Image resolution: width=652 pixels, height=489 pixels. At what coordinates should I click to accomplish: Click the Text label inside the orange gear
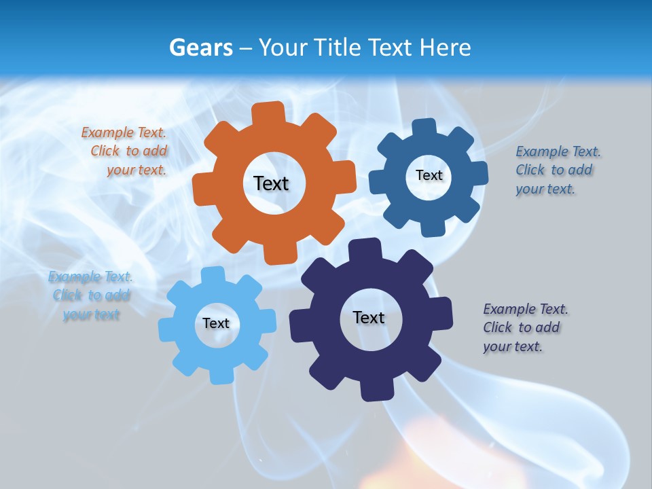[271, 183]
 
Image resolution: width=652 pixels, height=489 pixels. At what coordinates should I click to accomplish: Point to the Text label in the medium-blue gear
[429, 175]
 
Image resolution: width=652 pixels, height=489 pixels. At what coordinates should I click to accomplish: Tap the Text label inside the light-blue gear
[216, 323]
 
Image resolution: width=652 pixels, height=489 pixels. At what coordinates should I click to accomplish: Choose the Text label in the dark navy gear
[369, 317]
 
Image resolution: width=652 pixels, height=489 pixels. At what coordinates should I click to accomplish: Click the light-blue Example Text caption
[91, 295]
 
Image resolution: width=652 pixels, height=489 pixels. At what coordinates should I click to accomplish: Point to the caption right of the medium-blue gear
[557, 170]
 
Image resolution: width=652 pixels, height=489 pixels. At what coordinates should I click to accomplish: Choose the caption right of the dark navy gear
[524, 327]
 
